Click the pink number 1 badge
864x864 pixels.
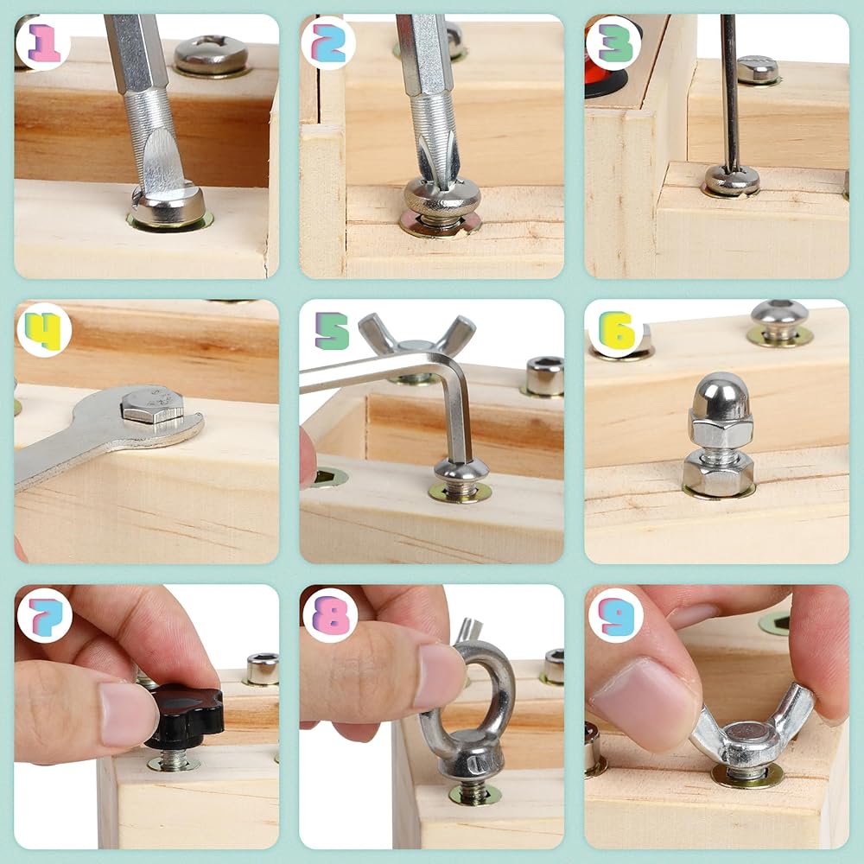pos(43,42)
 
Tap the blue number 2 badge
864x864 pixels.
pos(328,42)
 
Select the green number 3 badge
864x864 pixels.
pos(613,42)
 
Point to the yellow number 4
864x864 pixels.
pos(43,331)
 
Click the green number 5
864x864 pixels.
pos(332,331)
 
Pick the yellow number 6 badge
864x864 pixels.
pos(616,329)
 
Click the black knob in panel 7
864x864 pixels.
pos(185,715)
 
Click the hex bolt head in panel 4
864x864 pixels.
pos(152,406)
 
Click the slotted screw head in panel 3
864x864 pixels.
pos(732,181)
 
